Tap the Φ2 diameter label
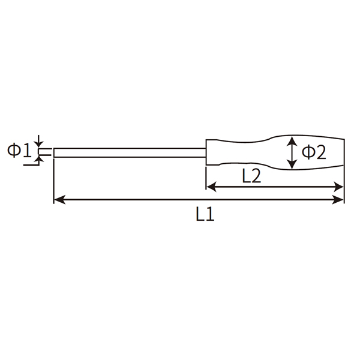pos(313,152)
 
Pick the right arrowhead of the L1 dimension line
pos(340,200)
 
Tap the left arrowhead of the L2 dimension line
pos(211,187)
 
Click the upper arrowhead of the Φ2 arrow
pos(292,140)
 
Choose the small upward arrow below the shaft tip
pos(40,160)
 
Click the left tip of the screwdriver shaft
pos(55,152)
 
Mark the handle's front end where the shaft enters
pos(207,152)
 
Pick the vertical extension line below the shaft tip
pos(54,180)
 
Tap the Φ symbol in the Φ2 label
pos(307,152)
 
